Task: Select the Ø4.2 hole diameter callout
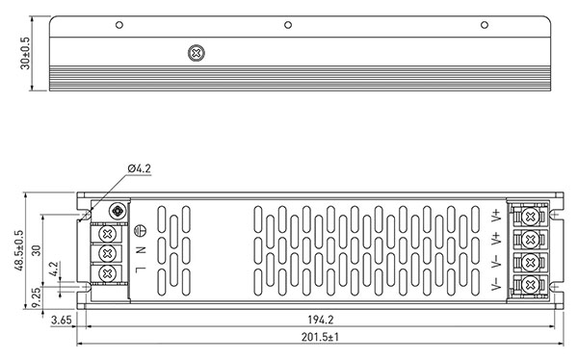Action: click(x=139, y=169)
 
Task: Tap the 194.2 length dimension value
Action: click(x=321, y=321)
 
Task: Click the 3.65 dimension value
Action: click(x=61, y=321)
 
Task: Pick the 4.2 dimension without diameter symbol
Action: click(x=54, y=270)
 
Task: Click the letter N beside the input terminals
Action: click(x=141, y=251)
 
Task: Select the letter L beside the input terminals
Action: click(x=141, y=272)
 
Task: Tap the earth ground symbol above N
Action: click(x=141, y=231)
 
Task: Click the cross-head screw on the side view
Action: click(x=197, y=52)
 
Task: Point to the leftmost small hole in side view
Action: click(x=118, y=24)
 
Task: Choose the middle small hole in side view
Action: click(x=288, y=24)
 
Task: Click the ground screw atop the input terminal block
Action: click(x=119, y=210)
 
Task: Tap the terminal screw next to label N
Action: click(x=108, y=252)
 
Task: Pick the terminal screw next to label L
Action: click(x=108, y=273)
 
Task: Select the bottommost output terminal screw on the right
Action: click(x=529, y=285)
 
